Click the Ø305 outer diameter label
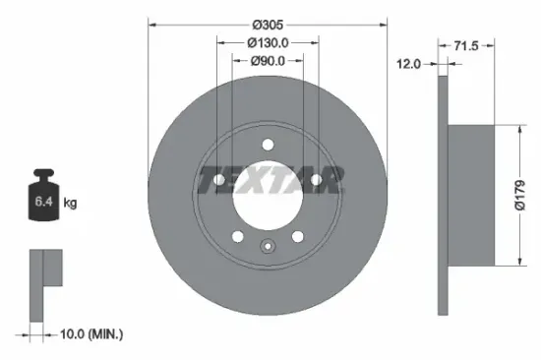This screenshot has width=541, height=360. coord(268,24)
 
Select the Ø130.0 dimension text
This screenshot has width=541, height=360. coord(267,42)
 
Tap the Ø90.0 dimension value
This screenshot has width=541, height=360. coord(267,61)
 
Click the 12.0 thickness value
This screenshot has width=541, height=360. coord(408,63)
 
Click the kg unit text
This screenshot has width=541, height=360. coord(71,204)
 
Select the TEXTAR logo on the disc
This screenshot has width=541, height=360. coord(270,180)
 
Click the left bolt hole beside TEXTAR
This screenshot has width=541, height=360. coord(219,179)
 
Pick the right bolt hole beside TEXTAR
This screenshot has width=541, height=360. coord(315,179)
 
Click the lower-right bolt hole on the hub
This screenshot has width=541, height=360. coord(297,235)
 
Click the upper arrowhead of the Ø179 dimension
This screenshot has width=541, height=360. coord(518,128)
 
